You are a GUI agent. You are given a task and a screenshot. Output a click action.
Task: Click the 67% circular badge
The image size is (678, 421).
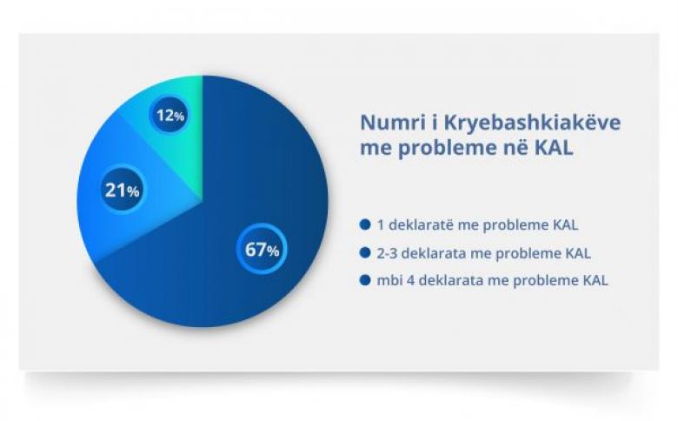tap(262, 249)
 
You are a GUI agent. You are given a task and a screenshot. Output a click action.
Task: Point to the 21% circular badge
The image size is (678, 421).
tap(123, 190)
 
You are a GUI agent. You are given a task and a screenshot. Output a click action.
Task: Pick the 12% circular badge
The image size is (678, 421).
tap(169, 115)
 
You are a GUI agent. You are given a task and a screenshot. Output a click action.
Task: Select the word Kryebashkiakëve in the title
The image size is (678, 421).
tap(532, 124)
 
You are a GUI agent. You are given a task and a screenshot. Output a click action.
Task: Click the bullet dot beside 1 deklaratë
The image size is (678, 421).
tap(365, 224)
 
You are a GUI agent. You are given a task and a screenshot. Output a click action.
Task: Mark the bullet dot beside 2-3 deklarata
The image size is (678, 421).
tap(365, 252)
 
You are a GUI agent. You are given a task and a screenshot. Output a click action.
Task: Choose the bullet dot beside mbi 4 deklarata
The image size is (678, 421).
tap(365, 280)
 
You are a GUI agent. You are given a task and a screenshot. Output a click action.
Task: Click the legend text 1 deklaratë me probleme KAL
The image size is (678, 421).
tap(477, 225)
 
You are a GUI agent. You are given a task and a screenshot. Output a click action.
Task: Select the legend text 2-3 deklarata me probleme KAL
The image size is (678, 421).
tap(483, 253)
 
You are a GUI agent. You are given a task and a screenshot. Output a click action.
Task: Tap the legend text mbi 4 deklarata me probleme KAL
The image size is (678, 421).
tap(492, 281)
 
